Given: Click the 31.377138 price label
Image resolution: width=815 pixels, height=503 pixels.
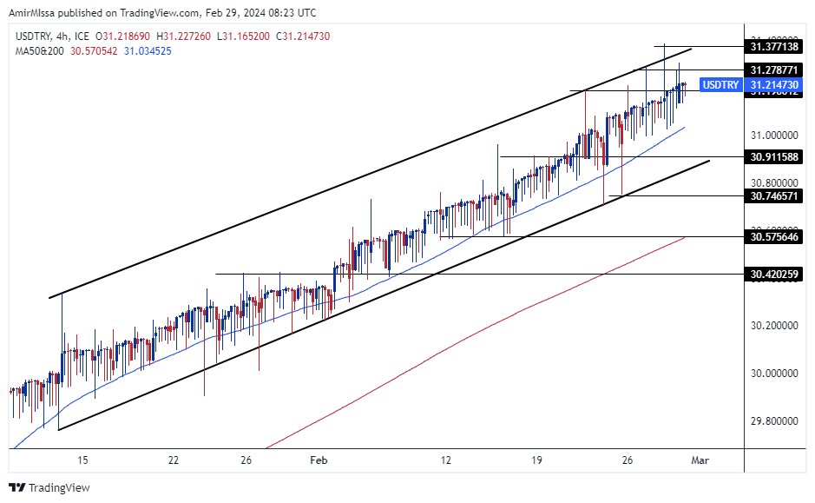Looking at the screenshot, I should pos(775,46).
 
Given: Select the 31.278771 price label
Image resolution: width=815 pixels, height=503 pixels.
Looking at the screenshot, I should pos(775,69).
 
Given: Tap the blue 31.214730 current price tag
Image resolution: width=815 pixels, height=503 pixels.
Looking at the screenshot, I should pos(775,84).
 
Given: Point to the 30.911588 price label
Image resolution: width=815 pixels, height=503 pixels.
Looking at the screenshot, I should pos(775,156).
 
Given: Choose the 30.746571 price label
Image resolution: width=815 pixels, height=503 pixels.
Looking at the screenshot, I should pos(775,196).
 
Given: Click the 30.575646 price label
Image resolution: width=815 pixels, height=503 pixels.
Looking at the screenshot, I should pos(775,236).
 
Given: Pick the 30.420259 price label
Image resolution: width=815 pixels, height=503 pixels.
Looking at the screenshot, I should pos(775,275).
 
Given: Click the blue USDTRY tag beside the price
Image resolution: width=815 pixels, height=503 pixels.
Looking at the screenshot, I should pos(720,84).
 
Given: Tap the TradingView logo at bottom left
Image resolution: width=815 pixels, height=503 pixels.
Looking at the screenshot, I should pos(49,487).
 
